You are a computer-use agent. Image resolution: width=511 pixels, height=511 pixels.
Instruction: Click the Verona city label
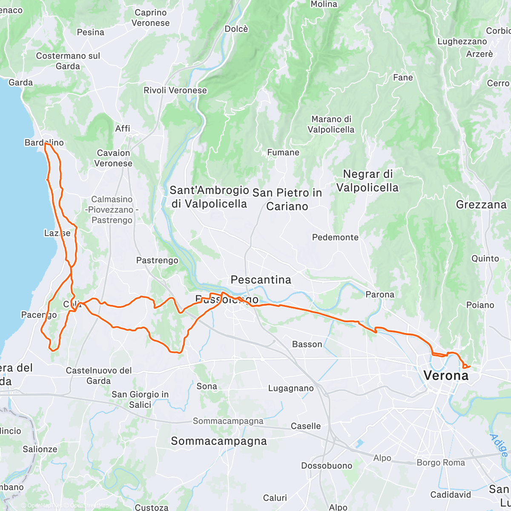[446, 375]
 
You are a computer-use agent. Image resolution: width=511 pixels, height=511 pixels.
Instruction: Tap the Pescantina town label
[261, 280]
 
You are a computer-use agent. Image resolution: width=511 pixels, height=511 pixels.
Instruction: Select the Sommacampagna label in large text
[218, 441]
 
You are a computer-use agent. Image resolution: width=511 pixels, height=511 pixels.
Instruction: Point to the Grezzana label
[481, 205]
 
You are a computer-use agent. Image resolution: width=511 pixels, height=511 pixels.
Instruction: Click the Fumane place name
[283, 152]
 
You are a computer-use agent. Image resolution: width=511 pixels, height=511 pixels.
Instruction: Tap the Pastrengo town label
[157, 260]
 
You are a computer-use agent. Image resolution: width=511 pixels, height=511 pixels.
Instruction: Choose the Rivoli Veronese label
[175, 90]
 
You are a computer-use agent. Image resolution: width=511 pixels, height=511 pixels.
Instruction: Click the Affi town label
[123, 129]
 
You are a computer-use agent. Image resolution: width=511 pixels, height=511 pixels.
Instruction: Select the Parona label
[380, 294]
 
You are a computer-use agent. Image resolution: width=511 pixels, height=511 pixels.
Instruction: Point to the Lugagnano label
[297, 388]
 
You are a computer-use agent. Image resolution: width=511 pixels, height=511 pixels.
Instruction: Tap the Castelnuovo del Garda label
[98, 376]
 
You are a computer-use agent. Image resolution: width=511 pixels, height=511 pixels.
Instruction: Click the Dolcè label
[236, 29]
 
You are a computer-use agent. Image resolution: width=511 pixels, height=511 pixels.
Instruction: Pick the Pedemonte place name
[335, 237]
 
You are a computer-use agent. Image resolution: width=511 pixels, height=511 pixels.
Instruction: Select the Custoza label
[152, 507]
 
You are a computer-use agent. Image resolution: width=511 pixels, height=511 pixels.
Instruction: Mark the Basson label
[307, 344]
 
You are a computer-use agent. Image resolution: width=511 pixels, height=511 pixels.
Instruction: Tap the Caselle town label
[306, 426]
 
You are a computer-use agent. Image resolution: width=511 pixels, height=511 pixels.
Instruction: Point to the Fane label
[403, 78]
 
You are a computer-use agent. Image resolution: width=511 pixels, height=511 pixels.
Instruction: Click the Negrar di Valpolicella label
[367, 181]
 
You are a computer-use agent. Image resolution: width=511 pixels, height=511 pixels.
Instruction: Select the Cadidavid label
[451, 494]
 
